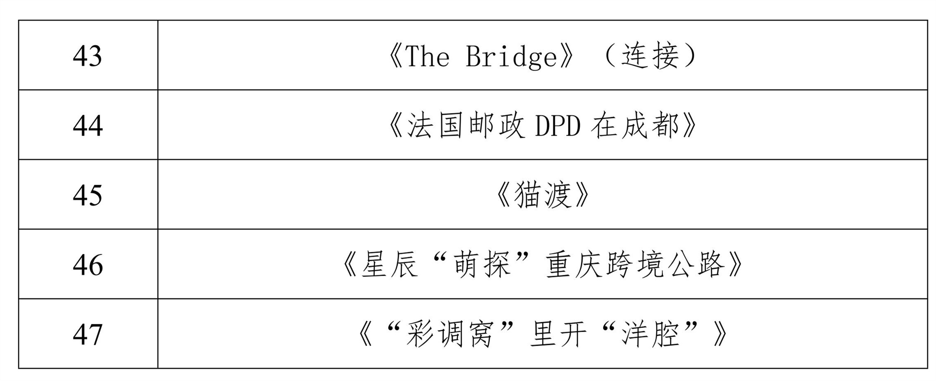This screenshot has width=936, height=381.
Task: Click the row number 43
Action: click(88, 56)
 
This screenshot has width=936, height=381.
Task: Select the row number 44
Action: click(88, 125)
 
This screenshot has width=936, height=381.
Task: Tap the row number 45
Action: click(88, 195)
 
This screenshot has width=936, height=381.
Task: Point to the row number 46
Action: click(88, 265)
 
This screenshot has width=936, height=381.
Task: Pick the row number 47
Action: click(88, 334)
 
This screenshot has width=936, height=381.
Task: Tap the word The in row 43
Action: click(427, 56)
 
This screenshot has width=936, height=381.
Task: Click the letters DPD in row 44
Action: click(558, 126)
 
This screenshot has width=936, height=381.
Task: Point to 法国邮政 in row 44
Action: click(466, 126)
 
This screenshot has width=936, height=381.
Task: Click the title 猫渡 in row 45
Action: click(543, 195)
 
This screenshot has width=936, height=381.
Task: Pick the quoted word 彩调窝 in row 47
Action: click(450, 335)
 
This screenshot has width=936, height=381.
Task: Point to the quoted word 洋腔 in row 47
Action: click(650, 335)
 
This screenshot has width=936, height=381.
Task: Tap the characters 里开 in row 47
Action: click(558, 335)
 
